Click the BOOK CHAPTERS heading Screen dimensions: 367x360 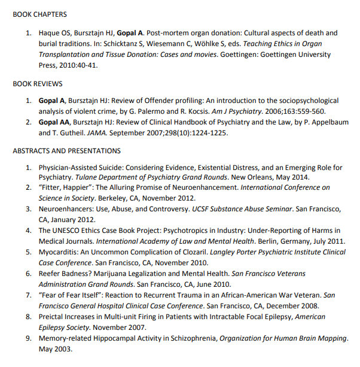[x=39, y=14]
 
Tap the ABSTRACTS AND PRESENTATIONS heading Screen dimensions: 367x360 [x=66, y=151]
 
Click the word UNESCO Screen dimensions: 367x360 [x=72, y=231]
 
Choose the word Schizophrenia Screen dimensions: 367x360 [x=192, y=338]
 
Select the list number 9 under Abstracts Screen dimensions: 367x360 [x=28, y=338]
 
